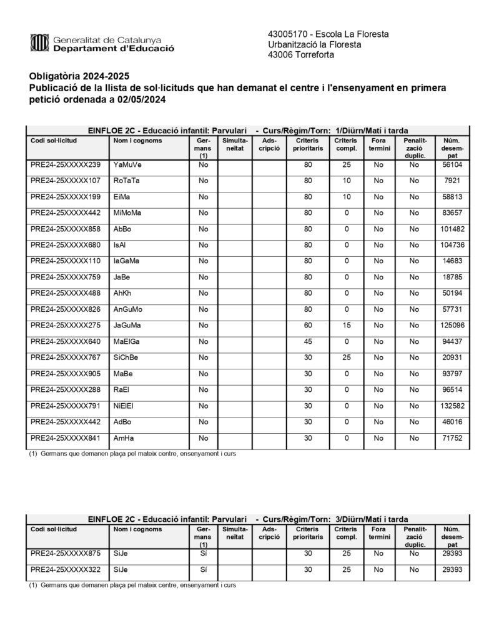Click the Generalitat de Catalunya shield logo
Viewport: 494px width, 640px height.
tap(39, 43)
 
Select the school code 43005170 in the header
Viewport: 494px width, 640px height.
tap(287, 34)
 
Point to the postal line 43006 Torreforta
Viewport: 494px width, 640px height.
tap(300, 55)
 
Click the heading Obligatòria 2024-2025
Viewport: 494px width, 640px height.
tap(70, 76)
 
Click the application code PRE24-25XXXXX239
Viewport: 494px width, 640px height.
tap(65, 165)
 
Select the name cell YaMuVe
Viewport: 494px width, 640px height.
tap(127, 165)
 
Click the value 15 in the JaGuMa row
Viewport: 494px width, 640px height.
tap(346, 326)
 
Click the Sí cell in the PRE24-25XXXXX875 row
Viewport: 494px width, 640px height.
tap(203, 554)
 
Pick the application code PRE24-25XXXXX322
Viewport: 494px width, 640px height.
tap(65, 570)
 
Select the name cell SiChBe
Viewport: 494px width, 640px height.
tap(126, 358)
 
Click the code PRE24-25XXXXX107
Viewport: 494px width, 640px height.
tap(65, 181)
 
